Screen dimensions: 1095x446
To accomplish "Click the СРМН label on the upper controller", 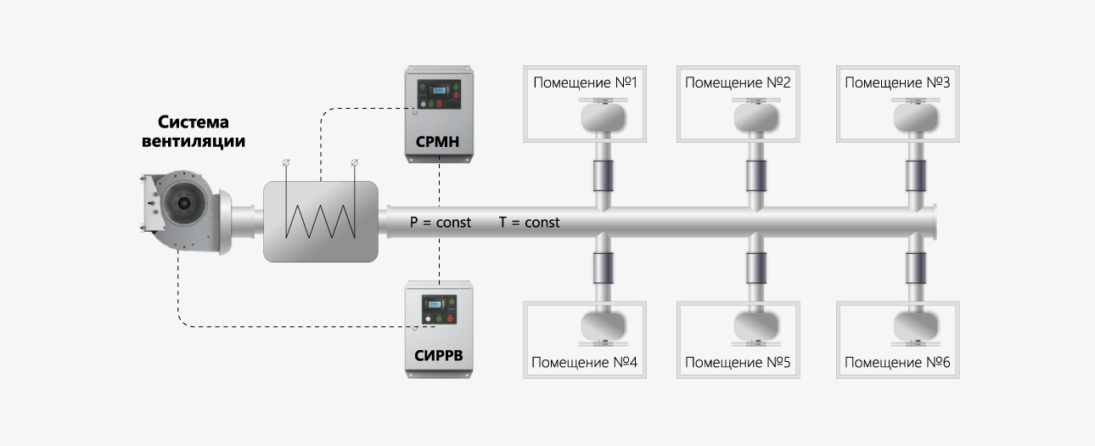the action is click(x=437, y=141).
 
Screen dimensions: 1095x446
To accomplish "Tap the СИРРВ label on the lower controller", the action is click(x=439, y=356).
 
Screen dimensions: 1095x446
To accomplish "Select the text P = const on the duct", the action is click(x=441, y=223).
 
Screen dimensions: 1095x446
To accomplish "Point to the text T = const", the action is click(x=530, y=223).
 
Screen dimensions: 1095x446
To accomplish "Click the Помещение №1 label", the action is click(x=585, y=82).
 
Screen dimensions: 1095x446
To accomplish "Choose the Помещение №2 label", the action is click(x=738, y=82).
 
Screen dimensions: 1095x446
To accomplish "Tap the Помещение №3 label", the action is click(x=897, y=82).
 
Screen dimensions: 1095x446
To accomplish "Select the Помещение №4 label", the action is click(x=585, y=363).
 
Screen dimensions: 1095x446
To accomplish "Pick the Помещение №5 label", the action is click(x=738, y=363).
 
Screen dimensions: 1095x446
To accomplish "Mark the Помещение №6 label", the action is click(x=897, y=363).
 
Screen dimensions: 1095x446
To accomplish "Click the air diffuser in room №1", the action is click(x=604, y=116).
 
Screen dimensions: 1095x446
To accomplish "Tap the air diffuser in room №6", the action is click(x=916, y=328).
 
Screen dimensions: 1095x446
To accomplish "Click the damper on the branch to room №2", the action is click(x=756, y=176).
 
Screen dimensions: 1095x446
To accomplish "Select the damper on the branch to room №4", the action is click(x=604, y=268).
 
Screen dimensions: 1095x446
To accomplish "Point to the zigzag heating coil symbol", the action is click(x=320, y=222).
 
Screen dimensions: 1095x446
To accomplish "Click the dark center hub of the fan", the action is click(x=184, y=202).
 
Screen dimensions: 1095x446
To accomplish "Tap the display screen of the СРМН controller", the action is click(x=440, y=90).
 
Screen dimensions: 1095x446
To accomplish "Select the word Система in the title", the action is click(x=193, y=121).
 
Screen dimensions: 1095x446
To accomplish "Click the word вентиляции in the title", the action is click(x=194, y=141).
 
